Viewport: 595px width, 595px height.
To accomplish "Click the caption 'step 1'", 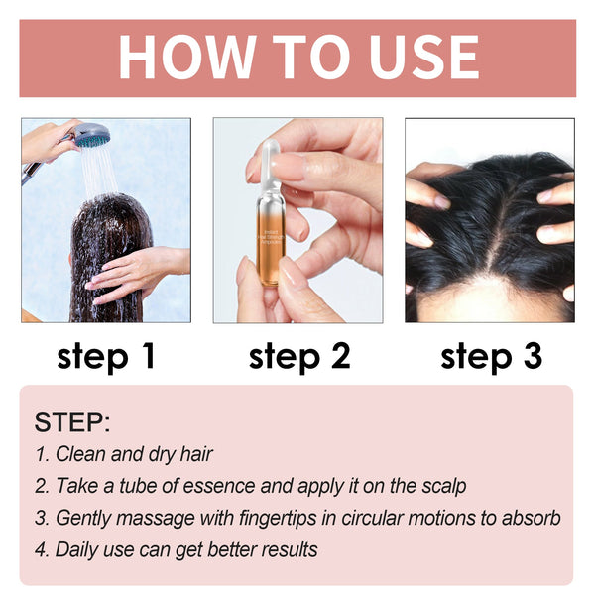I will [x=106, y=356].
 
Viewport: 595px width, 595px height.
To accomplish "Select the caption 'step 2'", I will [x=299, y=356].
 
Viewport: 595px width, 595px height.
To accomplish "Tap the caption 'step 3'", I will [x=491, y=356].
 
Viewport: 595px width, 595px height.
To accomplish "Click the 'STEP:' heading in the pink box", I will [x=72, y=421].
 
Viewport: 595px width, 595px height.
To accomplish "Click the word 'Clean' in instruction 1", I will [x=79, y=455].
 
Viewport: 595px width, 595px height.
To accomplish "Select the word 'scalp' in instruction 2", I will [x=443, y=487].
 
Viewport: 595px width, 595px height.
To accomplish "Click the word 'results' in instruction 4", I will [x=288, y=549].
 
